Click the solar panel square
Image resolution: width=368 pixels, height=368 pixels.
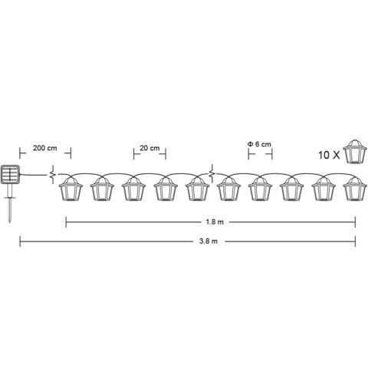(x=10, y=175)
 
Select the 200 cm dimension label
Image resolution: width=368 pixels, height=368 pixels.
(x=45, y=148)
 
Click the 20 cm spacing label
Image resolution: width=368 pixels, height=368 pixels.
(x=149, y=148)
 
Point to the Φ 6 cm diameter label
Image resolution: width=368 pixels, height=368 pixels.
(x=259, y=144)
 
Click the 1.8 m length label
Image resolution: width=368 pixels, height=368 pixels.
(x=215, y=222)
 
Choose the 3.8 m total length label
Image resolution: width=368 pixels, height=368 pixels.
(x=209, y=242)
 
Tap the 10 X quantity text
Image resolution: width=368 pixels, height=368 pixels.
(x=329, y=155)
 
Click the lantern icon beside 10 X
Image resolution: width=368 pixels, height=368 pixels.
(x=355, y=151)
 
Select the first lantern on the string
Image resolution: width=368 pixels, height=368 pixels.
(x=71, y=189)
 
